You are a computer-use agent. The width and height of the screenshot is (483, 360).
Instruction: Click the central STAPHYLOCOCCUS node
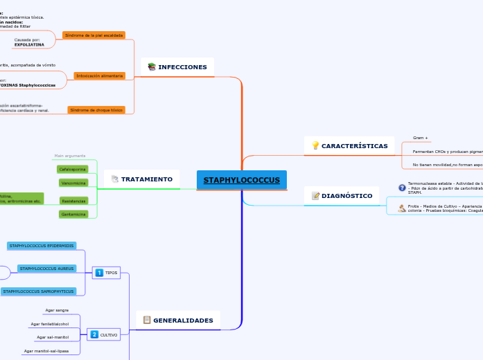point(241,180)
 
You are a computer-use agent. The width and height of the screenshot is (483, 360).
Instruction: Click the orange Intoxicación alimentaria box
point(100,75)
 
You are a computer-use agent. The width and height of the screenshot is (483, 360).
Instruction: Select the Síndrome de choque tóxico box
point(96,110)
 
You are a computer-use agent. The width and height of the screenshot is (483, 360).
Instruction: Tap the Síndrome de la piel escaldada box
point(94,35)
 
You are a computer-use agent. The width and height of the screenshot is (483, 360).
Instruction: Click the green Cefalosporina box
point(72,169)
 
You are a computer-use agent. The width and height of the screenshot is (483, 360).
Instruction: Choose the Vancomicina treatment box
point(73,183)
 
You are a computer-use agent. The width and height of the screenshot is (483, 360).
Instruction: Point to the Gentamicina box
point(73,215)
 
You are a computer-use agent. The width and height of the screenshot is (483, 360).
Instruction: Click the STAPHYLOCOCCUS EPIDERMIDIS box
point(42,246)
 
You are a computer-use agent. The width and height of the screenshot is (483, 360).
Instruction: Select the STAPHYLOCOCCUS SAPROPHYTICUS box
point(38,291)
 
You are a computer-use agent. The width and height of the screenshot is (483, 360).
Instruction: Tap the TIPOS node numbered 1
point(107,273)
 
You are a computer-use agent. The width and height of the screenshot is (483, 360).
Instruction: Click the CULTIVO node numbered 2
point(104,334)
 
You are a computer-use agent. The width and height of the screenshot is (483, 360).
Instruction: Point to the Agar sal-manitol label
point(53,337)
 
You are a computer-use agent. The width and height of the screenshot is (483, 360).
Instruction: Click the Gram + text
point(421,138)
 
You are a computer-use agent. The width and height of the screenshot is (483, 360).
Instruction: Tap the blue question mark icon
point(402,188)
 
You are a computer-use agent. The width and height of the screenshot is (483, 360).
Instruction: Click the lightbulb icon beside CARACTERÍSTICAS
point(315,146)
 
